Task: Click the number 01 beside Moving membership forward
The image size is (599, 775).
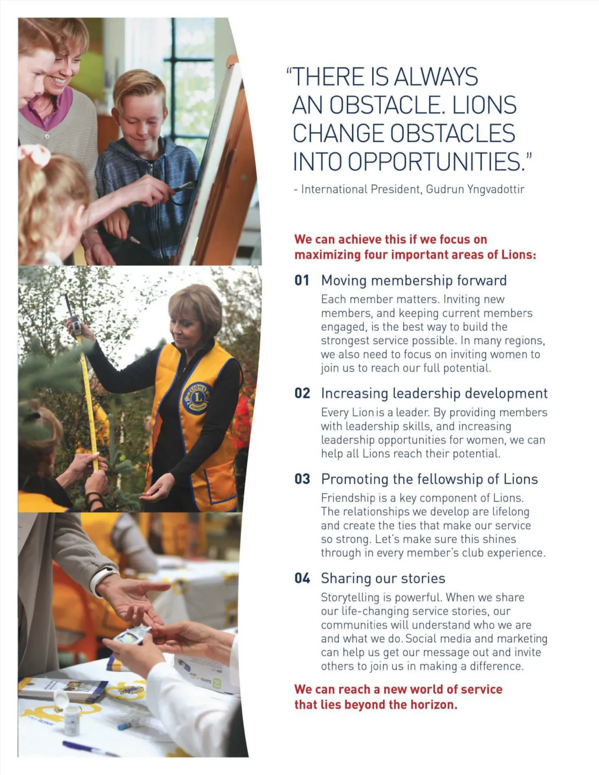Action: pos(302,280)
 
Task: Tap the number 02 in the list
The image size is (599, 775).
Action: pos(302,393)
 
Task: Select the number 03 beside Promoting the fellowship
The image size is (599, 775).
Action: pos(302,479)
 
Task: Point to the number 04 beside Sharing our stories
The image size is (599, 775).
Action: pos(302,578)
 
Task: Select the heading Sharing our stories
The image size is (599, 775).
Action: pos(383,578)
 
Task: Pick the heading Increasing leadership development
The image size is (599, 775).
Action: pos(434,393)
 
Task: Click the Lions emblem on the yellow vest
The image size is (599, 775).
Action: pos(196,398)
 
